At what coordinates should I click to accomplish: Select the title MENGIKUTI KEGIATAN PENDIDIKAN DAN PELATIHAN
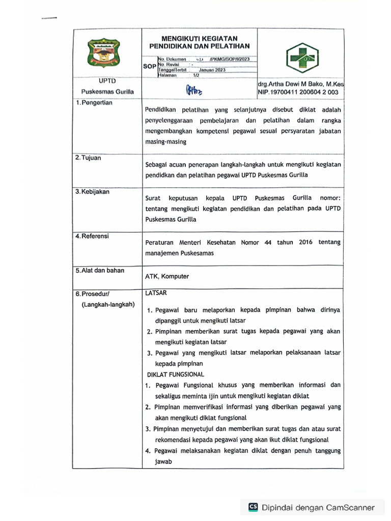point(199,42)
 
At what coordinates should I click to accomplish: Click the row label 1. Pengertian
point(94,103)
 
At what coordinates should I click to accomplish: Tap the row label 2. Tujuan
point(89,158)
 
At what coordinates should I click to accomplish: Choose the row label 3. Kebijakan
point(92,192)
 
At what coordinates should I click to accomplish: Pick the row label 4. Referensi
point(92,236)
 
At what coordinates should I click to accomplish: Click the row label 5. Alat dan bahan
point(100,270)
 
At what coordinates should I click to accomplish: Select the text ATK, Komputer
point(167,276)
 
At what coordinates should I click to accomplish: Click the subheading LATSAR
point(156,293)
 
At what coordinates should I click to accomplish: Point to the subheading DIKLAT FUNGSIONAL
point(175,374)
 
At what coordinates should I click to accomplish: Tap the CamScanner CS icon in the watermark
point(253,507)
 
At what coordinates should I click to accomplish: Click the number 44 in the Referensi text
point(268,243)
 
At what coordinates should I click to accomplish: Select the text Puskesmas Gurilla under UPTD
point(107,92)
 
